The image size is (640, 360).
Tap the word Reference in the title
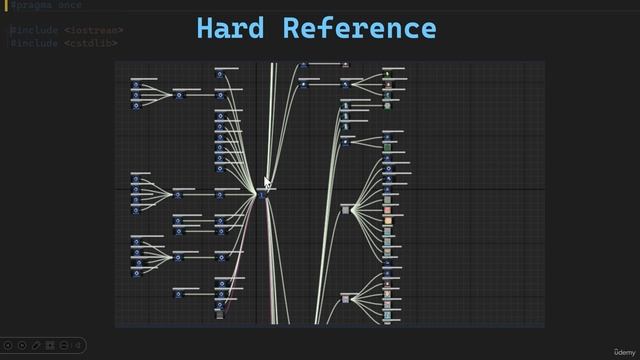pos(359,28)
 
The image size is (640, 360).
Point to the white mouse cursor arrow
pos(267,182)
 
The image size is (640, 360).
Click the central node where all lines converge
pos(263,194)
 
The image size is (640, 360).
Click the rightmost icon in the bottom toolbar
pos(79,345)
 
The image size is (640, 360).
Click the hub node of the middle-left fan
pos(179,194)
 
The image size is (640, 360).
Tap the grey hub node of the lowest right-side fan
pos(345,298)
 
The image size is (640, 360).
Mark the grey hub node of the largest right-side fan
pos(346,209)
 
